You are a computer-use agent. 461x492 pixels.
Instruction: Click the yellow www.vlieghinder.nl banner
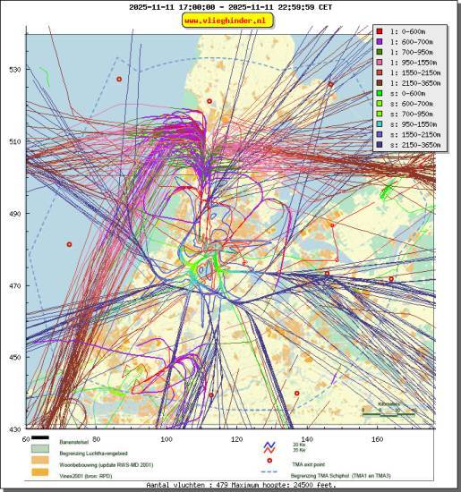[x=229, y=19]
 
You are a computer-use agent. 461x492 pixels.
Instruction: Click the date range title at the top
[x=230, y=6]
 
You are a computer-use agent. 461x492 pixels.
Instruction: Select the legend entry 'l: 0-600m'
[x=407, y=31]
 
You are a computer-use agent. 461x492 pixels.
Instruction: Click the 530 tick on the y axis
[x=14, y=70]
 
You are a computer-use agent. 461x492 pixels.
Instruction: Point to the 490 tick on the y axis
[x=14, y=214]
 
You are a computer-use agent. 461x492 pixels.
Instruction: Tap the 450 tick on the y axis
[x=14, y=358]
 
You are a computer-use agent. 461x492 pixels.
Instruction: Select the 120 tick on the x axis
[x=237, y=439]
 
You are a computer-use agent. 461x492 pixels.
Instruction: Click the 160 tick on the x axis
[x=377, y=439]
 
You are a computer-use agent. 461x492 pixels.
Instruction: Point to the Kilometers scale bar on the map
[x=388, y=412]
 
